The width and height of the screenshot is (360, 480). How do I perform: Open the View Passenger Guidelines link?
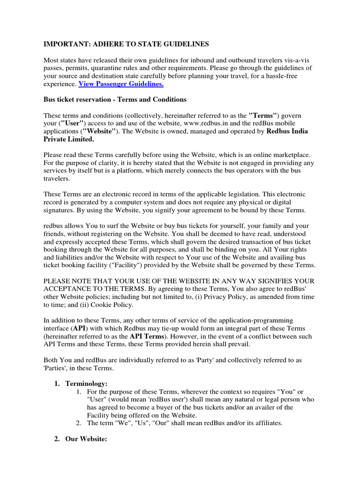pos(121,84)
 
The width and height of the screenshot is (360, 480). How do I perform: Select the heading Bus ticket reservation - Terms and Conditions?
pos(115,100)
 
